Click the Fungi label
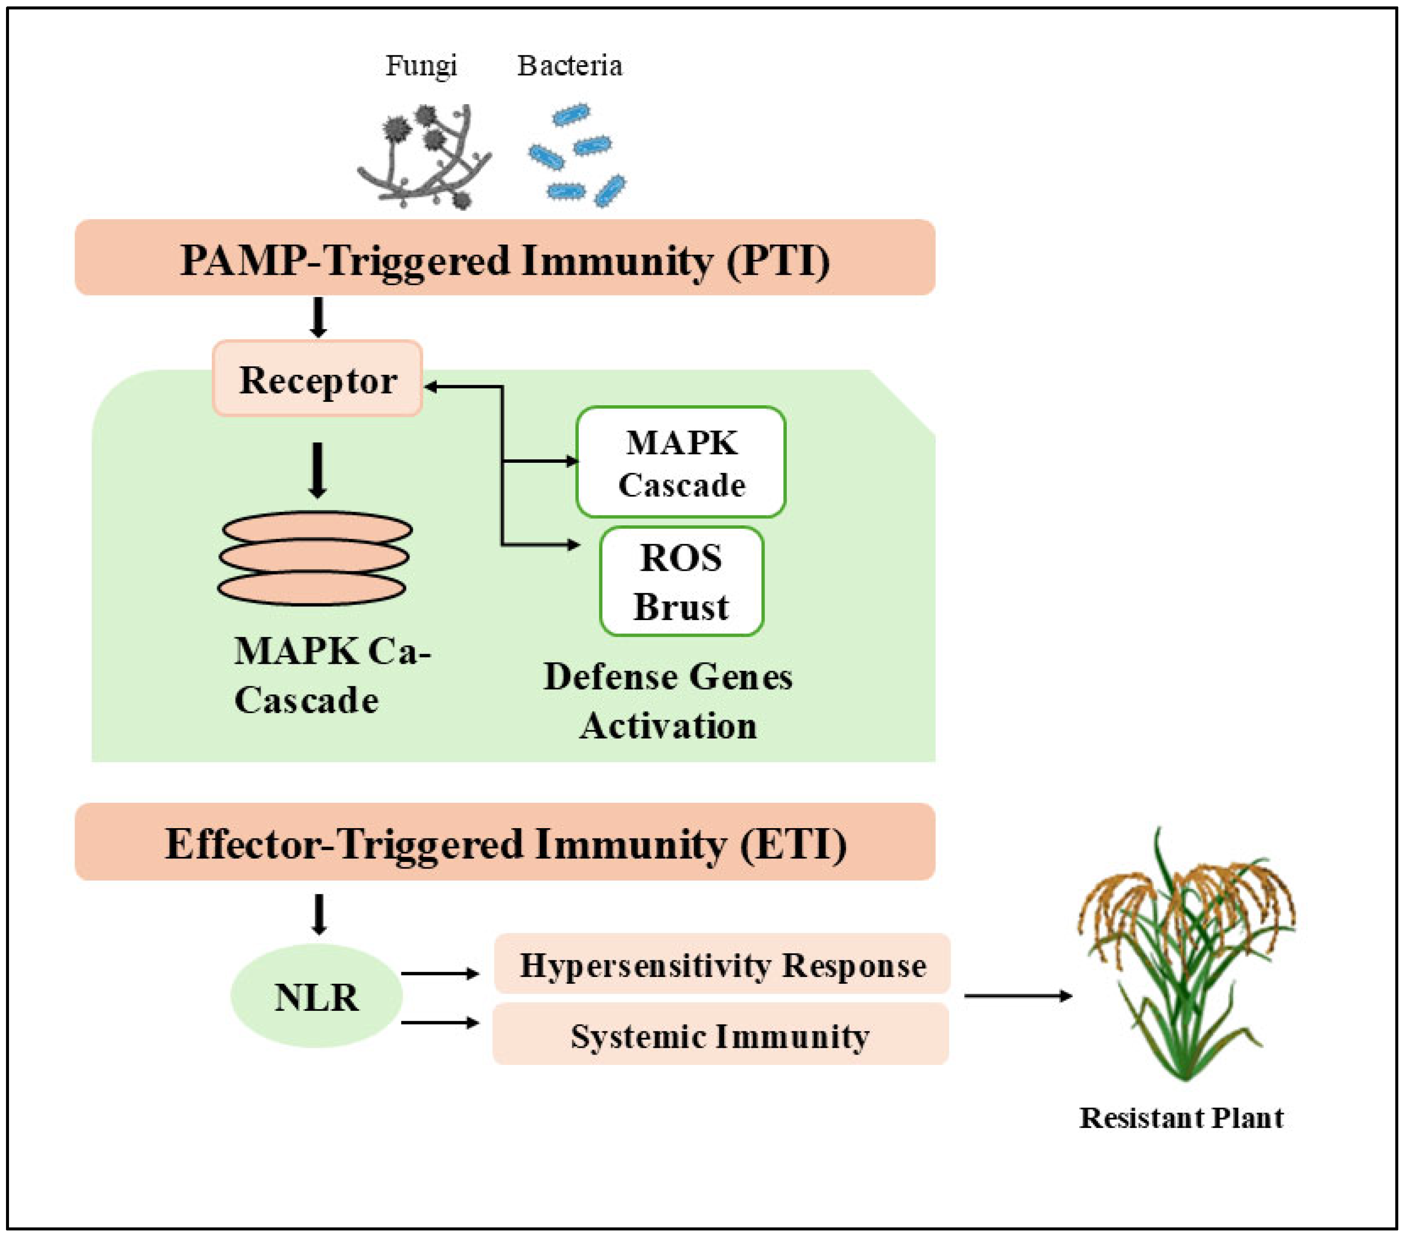coord(421,66)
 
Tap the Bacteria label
coord(569,66)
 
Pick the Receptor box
coord(317,379)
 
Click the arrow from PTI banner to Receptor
coord(318,317)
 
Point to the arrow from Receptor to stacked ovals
coord(317,470)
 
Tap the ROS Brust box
coord(681,581)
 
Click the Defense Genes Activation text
coord(667,700)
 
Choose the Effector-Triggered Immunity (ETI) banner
coord(505,843)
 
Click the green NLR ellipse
coord(316,996)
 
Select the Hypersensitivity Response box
coord(722,965)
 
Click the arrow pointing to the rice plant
coord(1018,995)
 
